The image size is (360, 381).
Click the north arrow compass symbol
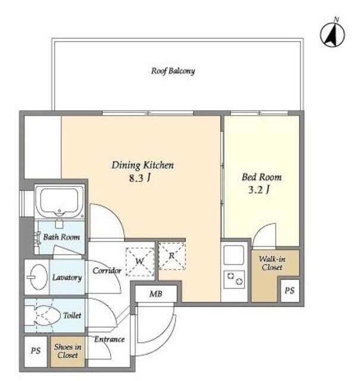(332, 34)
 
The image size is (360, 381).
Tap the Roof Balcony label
(173, 71)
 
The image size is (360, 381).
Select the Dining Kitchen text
(143, 165)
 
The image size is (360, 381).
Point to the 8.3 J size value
(140, 178)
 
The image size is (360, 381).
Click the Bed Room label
(262, 177)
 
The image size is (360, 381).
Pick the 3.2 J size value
(259, 189)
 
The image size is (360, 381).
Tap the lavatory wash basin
(38, 277)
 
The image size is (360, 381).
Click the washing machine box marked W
(140, 262)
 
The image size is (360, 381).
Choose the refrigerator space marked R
(172, 255)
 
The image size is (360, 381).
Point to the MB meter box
(156, 293)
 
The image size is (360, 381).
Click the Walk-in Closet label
(272, 263)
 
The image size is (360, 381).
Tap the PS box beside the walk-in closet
(290, 291)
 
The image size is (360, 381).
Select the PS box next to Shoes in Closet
(36, 351)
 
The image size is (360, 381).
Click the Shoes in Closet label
(67, 351)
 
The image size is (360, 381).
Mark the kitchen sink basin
(234, 255)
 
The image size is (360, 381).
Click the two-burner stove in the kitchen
(234, 279)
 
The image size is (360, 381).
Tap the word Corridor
(107, 270)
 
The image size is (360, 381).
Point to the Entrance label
(109, 339)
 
